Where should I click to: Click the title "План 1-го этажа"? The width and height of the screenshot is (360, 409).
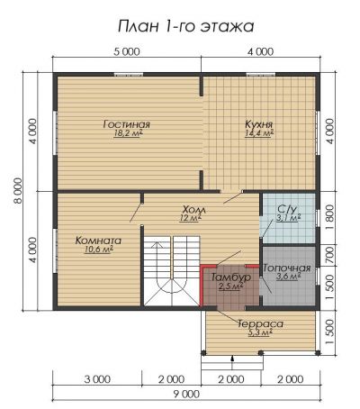tap(186, 26)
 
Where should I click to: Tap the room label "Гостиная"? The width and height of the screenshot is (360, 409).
tap(126, 124)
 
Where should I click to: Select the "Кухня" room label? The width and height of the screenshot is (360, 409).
tap(259, 123)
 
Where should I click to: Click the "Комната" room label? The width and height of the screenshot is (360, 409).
tap(98, 241)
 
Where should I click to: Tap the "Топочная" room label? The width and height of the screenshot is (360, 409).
tap(287, 268)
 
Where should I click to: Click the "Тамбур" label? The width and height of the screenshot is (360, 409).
tap(231, 277)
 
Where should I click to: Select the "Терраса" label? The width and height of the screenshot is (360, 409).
tap(260, 324)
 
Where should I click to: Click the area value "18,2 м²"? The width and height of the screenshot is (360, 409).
tap(128, 133)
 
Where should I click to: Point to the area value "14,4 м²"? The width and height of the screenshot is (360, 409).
tap(259, 133)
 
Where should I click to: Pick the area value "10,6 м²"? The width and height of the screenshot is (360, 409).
tap(98, 250)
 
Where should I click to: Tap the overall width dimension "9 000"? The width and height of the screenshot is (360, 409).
tap(186, 394)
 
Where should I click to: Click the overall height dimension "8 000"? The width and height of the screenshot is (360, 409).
tap(17, 191)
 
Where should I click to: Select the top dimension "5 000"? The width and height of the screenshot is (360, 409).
tap(127, 51)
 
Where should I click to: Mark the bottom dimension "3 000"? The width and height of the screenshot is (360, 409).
tap(97, 379)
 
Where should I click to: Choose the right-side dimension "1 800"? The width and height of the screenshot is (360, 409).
tap(329, 217)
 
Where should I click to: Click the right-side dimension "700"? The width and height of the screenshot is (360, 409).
tap(329, 256)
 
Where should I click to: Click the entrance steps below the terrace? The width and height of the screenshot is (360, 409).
tap(232, 363)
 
